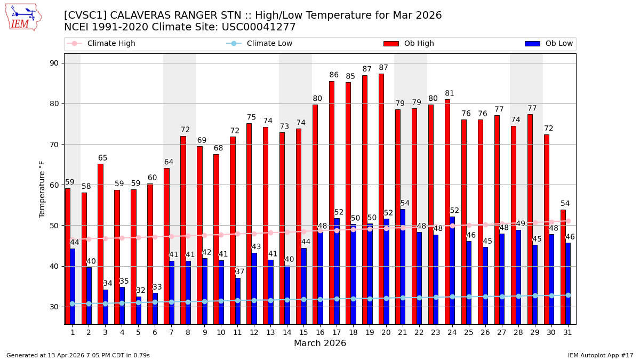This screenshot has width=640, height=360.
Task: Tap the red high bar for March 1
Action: [x=68, y=256]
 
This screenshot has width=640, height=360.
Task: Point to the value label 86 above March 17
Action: [x=334, y=75]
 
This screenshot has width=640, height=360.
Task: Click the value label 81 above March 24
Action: [x=450, y=93]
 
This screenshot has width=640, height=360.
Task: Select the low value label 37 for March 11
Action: [x=240, y=272]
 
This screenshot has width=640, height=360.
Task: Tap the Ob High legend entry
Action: [x=409, y=44]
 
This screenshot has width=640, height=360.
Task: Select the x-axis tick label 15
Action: [x=303, y=332]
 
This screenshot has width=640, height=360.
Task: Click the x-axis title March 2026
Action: [x=320, y=343]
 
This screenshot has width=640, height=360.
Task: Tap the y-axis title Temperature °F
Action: [x=43, y=189]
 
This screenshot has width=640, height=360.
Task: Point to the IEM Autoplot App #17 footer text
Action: [x=601, y=355]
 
